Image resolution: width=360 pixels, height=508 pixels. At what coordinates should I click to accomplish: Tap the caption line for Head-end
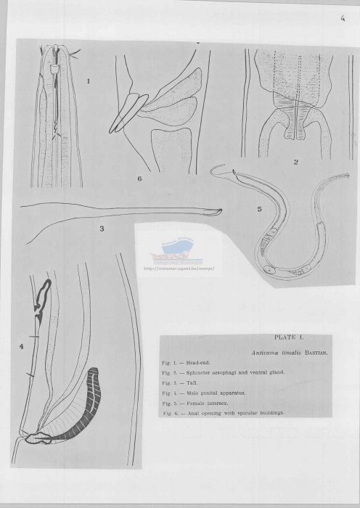pyautogui.click(x=181, y=362)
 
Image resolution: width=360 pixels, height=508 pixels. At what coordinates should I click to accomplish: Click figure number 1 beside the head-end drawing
pyautogui.click(x=89, y=81)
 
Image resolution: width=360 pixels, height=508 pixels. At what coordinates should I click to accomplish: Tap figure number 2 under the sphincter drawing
pyautogui.click(x=295, y=162)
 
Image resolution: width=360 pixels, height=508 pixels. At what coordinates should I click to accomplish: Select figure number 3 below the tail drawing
pyautogui.click(x=102, y=229)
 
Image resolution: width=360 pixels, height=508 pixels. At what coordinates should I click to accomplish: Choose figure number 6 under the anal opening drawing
pyautogui.click(x=139, y=178)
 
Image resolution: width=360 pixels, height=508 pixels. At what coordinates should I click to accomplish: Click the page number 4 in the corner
pyautogui.click(x=341, y=20)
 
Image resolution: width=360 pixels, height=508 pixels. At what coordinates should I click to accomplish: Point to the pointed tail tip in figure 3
pyautogui.click(x=220, y=211)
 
